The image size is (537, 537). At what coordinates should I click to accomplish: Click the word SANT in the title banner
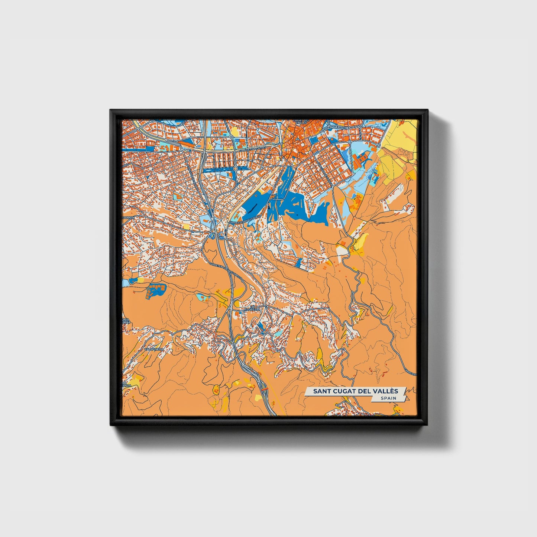321,391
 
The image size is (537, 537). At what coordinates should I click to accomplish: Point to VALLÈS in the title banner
384,391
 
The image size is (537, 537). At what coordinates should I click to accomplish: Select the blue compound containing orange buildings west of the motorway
155,289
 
